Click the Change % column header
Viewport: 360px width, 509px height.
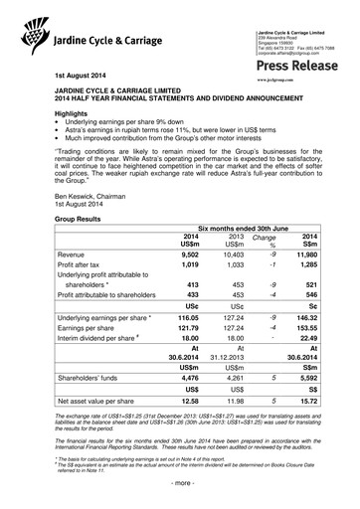click(x=265, y=240)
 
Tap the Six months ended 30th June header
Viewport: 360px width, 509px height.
click(x=242, y=227)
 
